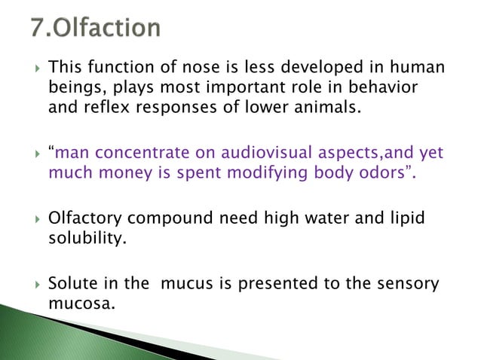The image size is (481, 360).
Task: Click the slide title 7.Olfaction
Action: tap(96, 29)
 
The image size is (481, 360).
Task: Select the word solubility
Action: tap(84, 237)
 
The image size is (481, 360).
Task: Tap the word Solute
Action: tap(71, 284)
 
